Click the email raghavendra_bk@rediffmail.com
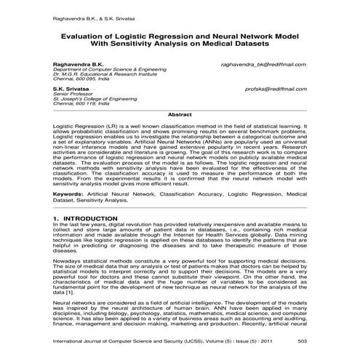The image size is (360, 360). pos(264,64)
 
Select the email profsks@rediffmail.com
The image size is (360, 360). pos(276,88)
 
